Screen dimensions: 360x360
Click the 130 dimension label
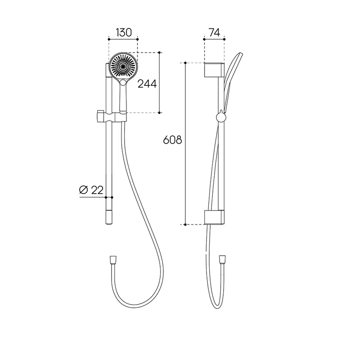(124, 32)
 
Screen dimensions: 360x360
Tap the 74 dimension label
(215, 32)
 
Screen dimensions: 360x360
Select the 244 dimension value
(147, 84)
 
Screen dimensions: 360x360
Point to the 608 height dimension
(172, 140)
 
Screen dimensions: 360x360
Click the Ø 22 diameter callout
(91, 190)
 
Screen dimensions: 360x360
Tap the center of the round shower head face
(123, 66)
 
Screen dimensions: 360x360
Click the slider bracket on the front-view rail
(112, 117)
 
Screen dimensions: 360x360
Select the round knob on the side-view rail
(221, 117)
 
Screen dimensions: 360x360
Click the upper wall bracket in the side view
(214, 70)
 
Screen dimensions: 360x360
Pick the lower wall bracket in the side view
(214, 217)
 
